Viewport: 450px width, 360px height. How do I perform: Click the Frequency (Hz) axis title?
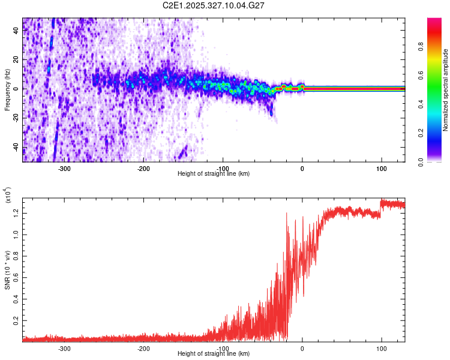[7, 89]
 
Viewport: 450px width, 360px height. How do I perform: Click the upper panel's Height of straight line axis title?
[214, 174]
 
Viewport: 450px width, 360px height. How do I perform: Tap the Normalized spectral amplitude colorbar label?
[445, 90]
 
